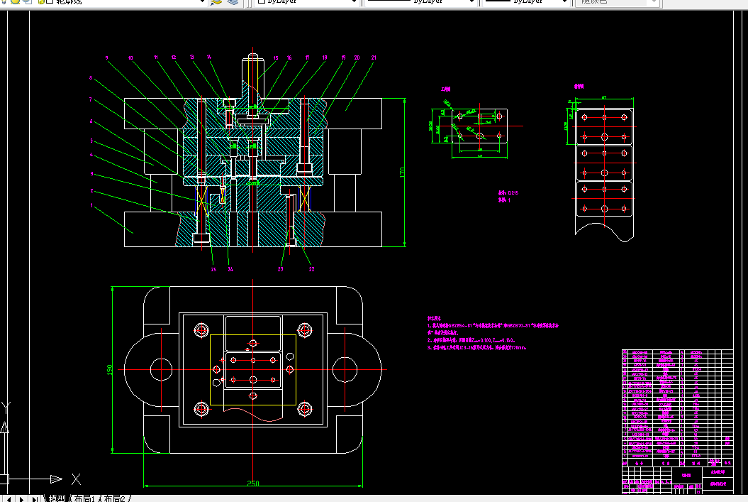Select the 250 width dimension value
[x=253, y=484]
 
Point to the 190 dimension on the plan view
[x=110, y=370]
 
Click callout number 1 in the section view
[x=91, y=206]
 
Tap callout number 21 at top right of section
[x=374, y=57]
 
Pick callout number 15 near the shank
[x=275, y=57]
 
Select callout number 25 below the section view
[x=213, y=268]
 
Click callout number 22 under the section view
[x=311, y=268]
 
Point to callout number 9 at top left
[x=106, y=57]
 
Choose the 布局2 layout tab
[x=115, y=498]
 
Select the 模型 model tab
[x=56, y=498]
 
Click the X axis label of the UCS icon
[x=76, y=479]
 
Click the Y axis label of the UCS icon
[x=6, y=407]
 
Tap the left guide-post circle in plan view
[x=161, y=369]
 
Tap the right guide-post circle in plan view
[x=345, y=369]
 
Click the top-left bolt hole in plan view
[x=201, y=330]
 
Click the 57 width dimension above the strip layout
[x=604, y=97]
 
